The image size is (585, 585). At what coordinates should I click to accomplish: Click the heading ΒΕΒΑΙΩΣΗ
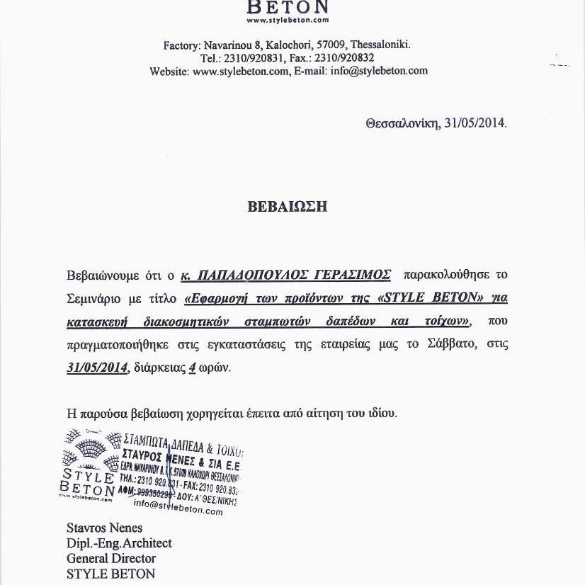pyautogui.click(x=288, y=208)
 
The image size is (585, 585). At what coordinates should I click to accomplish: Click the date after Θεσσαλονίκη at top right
pyautogui.click(x=475, y=123)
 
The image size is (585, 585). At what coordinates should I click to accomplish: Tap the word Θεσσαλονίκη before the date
pyautogui.click(x=402, y=123)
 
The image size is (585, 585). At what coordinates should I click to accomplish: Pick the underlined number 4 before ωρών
pyautogui.click(x=192, y=368)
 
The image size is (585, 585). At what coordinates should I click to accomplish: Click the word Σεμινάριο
pyautogui.click(x=96, y=298)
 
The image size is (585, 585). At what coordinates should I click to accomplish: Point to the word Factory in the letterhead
pyautogui.click(x=182, y=45)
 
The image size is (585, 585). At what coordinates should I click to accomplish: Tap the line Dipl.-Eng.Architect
pyautogui.click(x=119, y=543)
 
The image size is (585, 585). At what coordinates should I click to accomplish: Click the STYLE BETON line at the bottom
pyautogui.click(x=110, y=574)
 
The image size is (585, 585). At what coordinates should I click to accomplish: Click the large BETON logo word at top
pyautogui.click(x=287, y=8)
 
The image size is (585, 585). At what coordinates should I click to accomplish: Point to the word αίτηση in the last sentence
pyautogui.click(x=330, y=413)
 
